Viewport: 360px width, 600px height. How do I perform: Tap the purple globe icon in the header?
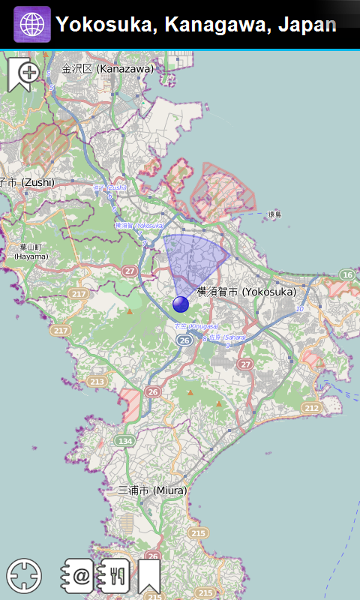32,25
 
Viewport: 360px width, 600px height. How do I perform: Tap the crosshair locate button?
24,576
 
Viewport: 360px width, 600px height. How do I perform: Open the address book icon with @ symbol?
79,576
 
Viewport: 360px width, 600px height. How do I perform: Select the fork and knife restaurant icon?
115,576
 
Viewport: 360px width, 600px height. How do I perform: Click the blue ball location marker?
181,304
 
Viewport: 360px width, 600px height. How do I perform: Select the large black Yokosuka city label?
247,291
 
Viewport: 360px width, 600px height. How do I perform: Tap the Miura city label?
151,490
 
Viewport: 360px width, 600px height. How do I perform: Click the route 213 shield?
97,382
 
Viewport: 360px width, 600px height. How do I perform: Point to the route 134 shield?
124,440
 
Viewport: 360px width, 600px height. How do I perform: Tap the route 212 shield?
311,407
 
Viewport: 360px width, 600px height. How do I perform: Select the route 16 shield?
346,275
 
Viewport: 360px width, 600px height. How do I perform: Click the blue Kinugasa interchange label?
196,326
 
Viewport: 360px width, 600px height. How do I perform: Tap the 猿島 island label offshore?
274,214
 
